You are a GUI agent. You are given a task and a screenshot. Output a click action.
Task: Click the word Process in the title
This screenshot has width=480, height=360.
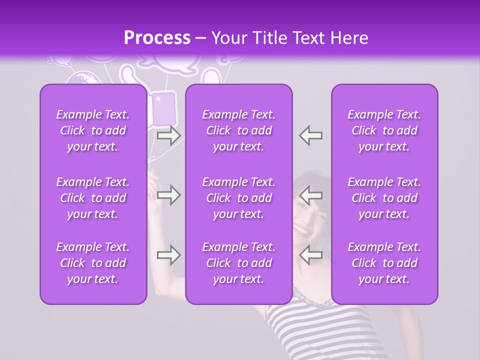click(157, 38)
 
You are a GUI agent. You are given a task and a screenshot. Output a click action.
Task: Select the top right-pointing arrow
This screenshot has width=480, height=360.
click(168, 135)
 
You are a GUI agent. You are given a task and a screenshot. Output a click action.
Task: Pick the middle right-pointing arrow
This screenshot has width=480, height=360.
click(168, 195)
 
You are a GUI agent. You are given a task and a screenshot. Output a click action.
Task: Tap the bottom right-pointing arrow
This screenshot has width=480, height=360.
click(168, 255)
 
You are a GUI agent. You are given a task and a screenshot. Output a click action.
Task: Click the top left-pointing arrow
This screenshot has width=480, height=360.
click(311, 135)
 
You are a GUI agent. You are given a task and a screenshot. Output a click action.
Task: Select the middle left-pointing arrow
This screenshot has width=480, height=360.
click(311, 195)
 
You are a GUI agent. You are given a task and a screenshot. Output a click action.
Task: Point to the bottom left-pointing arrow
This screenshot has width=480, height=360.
click(311, 255)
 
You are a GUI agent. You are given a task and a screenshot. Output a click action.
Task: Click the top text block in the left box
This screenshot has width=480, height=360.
click(93, 130)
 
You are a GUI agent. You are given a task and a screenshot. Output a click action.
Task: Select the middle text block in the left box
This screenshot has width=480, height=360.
click(93, 198)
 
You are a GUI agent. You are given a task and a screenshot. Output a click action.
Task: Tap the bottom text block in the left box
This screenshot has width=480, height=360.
click(93, 263)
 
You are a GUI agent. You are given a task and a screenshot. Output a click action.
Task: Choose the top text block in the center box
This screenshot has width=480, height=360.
click(239, 130)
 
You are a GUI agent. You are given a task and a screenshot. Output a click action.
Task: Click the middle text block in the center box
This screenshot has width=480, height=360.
click(239, 198)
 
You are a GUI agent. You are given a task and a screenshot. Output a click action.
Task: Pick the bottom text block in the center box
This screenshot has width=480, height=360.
click(239, 263)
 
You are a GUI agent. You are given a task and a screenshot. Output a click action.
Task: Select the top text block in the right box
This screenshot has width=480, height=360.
click(384, 130)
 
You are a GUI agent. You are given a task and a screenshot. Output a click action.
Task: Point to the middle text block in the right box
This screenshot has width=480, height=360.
click(384, 198)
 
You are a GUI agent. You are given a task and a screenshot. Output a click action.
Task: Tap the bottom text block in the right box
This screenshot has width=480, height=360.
click(384, 263)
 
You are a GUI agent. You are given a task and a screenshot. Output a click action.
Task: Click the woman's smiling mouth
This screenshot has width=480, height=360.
click(301, 230)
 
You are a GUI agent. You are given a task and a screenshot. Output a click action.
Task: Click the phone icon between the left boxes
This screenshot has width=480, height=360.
click(163, 107)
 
